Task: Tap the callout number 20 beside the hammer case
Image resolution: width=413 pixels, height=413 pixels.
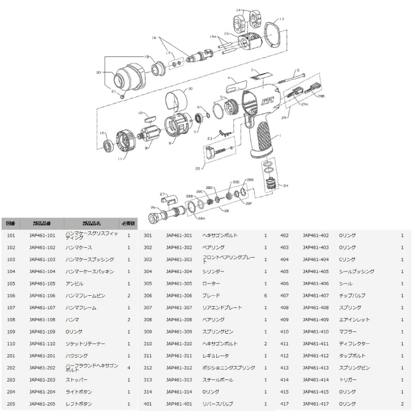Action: tap(99, 73)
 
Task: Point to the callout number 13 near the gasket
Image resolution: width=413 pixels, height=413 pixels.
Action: tap(282, 19)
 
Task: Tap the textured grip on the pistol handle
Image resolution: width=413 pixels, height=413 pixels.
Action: tap(264, 139)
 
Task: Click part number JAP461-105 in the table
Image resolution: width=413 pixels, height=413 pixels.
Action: tap(42, 283)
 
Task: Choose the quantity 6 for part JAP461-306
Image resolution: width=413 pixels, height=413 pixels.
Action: tap(265, 295)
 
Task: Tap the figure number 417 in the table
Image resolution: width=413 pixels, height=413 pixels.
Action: tap(284, 404)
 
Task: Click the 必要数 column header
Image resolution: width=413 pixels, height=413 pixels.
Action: tap(128, 224)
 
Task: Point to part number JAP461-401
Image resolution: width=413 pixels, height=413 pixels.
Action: tap(179, 404)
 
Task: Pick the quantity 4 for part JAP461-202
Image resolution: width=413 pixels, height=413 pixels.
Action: tap(129, 368)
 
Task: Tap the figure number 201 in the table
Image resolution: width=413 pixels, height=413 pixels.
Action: tap(11, 356)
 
